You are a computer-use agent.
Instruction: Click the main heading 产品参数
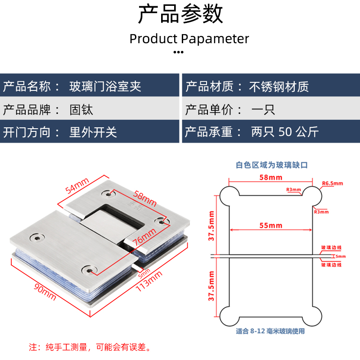180,14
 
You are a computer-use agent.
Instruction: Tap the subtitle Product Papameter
189,39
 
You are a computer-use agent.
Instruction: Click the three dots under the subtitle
179,52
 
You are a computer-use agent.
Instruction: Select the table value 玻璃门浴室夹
105,86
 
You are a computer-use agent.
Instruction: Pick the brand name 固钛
81,109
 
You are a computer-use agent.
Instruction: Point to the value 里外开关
93,132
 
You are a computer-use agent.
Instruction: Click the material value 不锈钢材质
279,86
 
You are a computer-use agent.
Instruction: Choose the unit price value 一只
263,109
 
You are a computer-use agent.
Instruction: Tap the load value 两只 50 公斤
284,132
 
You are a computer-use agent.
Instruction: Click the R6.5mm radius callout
332,183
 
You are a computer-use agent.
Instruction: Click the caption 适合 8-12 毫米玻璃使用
270,331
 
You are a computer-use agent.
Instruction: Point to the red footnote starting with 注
90,347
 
